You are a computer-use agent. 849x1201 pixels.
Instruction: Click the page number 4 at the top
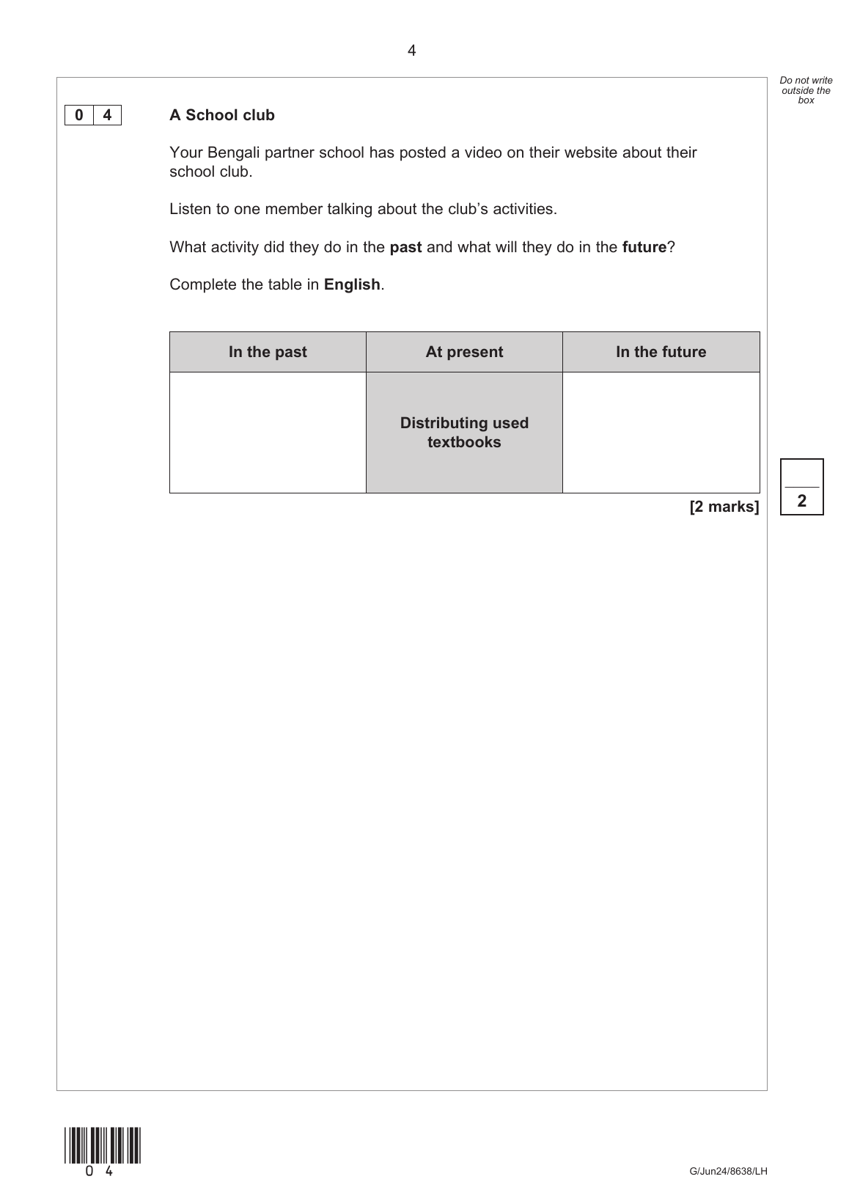(411, 51)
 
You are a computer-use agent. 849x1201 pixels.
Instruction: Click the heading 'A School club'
(221, 115)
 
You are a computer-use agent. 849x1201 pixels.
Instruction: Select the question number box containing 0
(79, 115)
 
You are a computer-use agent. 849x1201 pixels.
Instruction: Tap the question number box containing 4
(107, 115)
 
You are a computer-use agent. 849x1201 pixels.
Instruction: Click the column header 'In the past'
(268, 352)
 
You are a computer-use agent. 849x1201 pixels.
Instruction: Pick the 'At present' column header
(464, 352)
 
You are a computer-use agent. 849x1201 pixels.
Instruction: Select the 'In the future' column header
(661, 352)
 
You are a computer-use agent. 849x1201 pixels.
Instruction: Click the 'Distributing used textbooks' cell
(464, 433)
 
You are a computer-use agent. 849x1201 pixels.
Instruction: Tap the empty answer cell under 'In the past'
(268, 433)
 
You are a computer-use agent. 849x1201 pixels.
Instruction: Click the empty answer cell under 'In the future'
(661, 433)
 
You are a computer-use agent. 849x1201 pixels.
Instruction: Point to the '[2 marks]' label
(724, 507)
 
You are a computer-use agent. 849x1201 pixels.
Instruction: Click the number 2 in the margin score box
(801, 502)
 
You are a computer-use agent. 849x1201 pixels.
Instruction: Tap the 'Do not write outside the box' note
(806, 90)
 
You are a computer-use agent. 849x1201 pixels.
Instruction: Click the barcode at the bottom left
(102, 1145)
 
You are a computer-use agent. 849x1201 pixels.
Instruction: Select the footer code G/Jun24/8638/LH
(728, 1171)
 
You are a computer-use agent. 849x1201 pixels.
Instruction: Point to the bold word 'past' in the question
(405, 247)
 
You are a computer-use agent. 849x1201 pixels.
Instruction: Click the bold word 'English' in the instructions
(352, 284)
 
